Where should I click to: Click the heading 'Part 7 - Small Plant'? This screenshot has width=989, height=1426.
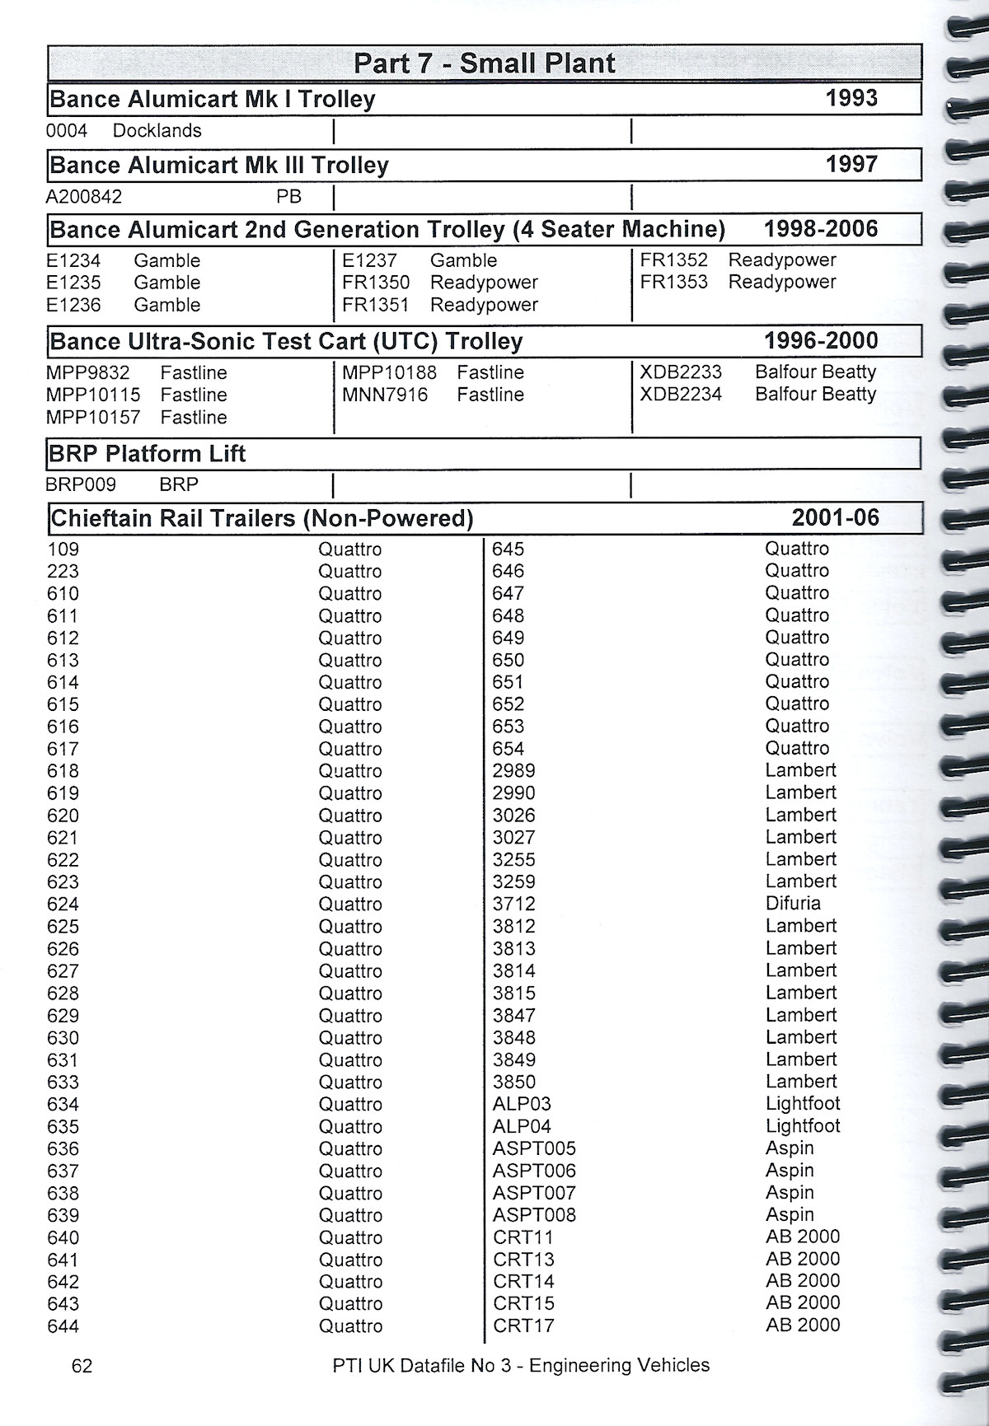click(x=484, y=63)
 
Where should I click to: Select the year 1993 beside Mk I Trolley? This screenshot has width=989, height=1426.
click(x=851, y=98)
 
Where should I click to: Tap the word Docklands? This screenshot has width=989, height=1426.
click(x=157, y=131)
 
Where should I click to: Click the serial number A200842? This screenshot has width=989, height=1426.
click(x=84, y=197)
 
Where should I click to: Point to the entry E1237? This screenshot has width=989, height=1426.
click(x=369, y=261)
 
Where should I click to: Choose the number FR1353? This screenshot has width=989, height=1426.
click(x=673, y=282)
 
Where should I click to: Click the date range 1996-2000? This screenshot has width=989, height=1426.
click(x=821, y=340)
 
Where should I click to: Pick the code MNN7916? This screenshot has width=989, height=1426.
click(x=385, y=395)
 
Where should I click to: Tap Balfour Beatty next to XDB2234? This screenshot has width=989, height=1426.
click(x=815, y=395)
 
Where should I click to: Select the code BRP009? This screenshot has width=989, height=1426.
click(x=81, y=485)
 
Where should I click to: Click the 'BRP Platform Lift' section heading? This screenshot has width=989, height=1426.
click(x=148, y=454)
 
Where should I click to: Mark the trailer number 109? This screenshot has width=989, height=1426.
click(x=63, y=549)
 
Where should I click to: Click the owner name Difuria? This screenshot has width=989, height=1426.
click(x=793, y=904)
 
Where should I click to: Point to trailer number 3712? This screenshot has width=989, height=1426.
click(x=513, y=905)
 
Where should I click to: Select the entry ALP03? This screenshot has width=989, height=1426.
click(x=522, y=1104)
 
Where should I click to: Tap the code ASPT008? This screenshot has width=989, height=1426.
click(x=534, y=1215)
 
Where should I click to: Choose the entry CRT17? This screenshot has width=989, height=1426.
click(x=523, y=1326)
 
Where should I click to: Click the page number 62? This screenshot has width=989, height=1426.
click(x=82, y=1366)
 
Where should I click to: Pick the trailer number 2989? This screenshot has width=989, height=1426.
click(x=513, y=771)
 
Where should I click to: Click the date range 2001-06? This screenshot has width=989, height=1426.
click(x=835, y=518)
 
